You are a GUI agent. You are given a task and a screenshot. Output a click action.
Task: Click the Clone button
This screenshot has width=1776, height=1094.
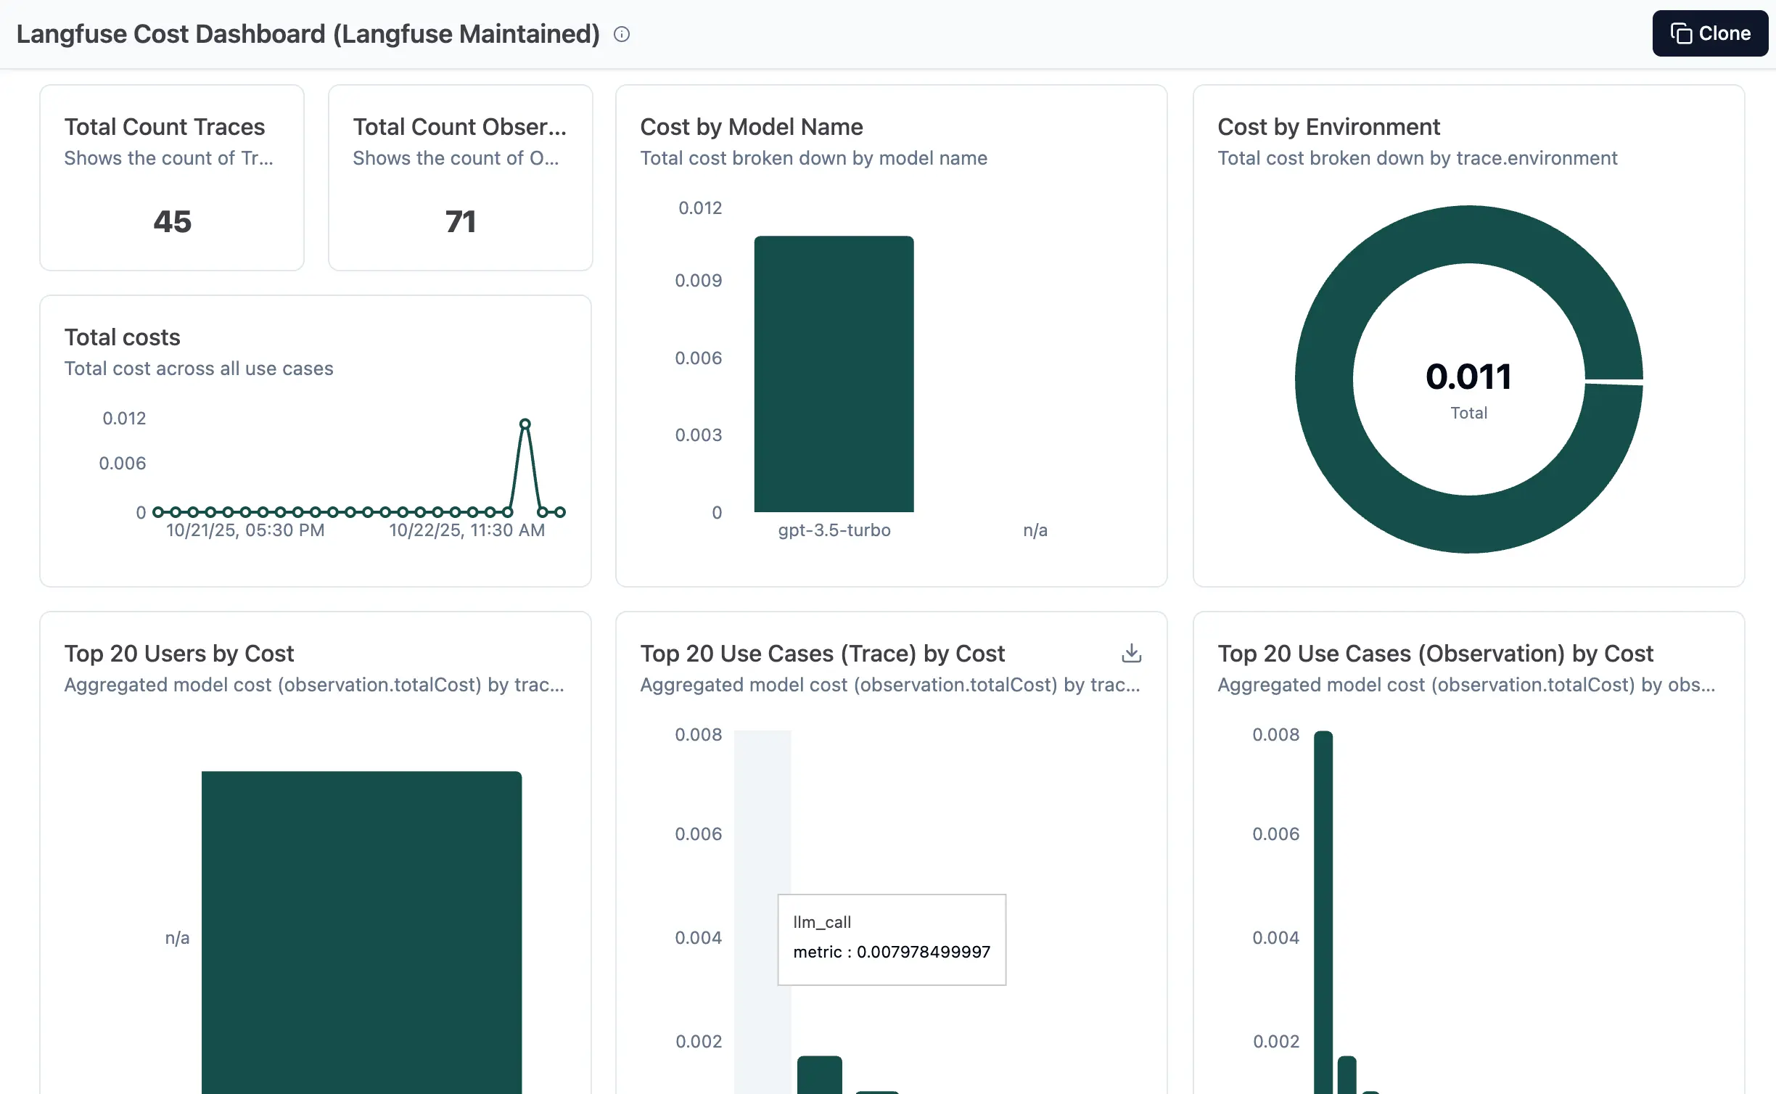tap(1709, 33)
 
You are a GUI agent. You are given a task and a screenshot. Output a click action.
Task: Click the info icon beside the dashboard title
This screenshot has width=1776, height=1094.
tap(622, 34)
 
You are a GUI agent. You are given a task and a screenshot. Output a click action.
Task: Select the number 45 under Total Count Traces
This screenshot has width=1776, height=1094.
tap(172, 221)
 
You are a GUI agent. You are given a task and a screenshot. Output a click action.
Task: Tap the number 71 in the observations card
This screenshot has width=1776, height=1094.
tap(461, 221)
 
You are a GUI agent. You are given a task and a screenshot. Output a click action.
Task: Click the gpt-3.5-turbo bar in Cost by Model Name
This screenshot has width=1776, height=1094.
tap(834, 374)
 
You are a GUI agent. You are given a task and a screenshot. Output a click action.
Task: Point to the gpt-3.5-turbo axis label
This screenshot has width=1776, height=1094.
tap(834, 530)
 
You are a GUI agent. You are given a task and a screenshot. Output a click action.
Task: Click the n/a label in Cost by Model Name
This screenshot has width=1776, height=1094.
tap(1035, 530)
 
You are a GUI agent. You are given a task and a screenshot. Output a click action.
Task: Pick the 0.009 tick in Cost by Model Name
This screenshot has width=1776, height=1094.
tap(698, 281)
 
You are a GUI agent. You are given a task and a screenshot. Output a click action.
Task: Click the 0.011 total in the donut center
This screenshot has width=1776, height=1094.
tap(1468, 377)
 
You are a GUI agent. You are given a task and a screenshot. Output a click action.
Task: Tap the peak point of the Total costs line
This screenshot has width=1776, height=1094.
tap(525, 424)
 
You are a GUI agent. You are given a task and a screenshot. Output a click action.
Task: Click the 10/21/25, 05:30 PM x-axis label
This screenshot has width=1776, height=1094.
tap(245, 530)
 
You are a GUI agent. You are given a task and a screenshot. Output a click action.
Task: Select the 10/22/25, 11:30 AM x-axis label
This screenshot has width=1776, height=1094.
tap(466, 530)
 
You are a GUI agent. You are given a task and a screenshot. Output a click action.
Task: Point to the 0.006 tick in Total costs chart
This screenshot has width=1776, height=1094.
tap(123, 464)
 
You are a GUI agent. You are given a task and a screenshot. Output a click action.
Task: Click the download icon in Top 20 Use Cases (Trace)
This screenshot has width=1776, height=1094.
tap(1131, 654)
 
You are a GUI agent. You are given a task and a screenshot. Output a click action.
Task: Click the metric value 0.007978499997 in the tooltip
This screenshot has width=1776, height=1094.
tap(923, 952)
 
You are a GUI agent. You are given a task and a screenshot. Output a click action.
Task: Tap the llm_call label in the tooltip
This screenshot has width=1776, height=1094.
tap(822, 922)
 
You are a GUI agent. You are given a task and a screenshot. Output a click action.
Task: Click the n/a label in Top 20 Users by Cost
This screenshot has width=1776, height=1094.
tap(177, 938)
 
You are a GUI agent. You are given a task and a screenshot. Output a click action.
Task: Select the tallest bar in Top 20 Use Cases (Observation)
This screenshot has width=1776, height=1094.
tap(1323, 907)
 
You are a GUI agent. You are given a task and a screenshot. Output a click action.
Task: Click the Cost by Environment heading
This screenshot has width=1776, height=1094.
tap(1328, 127)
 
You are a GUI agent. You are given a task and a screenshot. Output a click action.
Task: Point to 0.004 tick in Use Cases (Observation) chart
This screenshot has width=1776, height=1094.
tap(1275, 938)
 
